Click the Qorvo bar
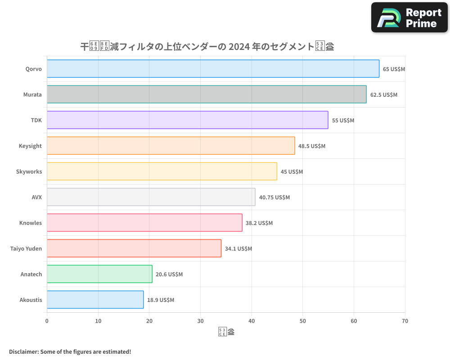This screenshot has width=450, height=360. coord(213,69)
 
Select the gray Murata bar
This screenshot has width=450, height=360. coord(207,94)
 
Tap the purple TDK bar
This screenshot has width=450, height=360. coord(187,120)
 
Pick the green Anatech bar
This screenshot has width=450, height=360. coord(99,274)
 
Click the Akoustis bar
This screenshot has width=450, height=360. coord(95,300)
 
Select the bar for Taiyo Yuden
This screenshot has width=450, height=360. coord(134,248)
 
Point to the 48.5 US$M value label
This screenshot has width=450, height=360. coord(312,146)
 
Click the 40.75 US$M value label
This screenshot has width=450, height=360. coord(274,198)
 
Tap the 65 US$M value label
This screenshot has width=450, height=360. coord(394,69)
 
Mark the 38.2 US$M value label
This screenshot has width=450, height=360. coord(259,223)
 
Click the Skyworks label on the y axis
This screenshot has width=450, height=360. coord(29,172)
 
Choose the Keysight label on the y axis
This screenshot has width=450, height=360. coord(30,146)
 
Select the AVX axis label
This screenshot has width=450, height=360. coord(36,198)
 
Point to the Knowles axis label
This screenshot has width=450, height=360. coord(31,223)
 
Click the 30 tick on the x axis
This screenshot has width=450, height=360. coord(200,321)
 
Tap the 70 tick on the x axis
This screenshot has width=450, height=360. coord(405,321)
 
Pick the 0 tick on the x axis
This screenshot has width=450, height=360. coord(47,321)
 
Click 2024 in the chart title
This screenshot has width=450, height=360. coord(240,46)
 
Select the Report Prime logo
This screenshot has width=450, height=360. coord(409,18)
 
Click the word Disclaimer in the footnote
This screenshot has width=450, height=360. coord(23,351)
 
